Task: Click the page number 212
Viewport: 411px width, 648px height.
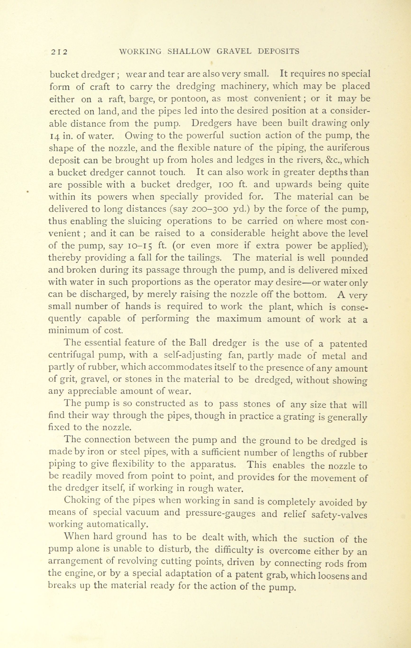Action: (x=59, y=52)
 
